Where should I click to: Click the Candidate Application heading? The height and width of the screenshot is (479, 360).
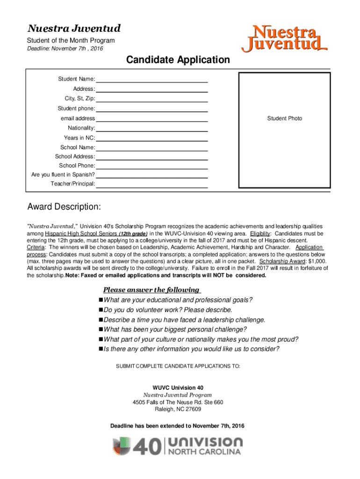coord(177,60)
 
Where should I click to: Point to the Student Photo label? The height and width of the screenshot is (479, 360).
coord(284,118)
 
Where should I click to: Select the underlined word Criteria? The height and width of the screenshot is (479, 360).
coord(36,247)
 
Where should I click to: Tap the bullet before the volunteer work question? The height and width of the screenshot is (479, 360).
coord(101,310)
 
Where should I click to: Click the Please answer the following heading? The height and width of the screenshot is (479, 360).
coord(151,290)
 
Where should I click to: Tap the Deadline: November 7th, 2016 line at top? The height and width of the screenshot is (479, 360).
coord(65,49)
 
